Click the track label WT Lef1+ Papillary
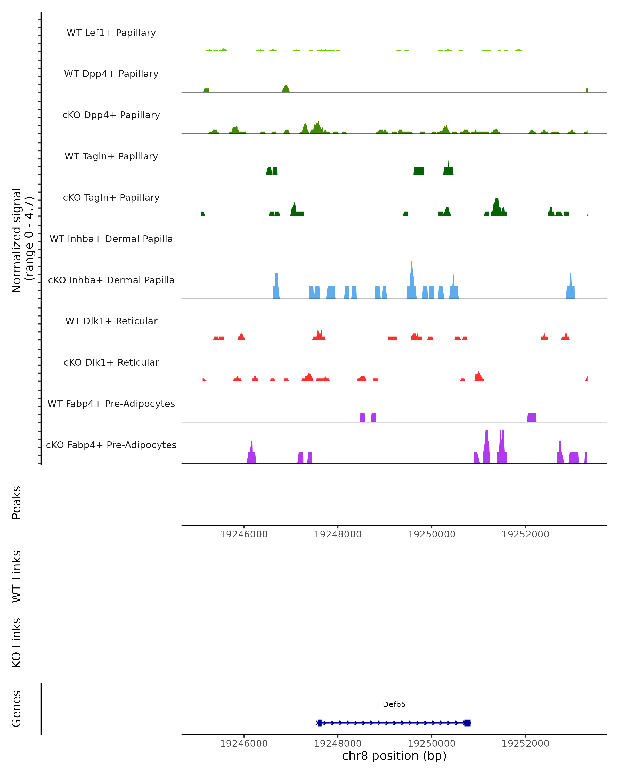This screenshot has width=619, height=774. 111,33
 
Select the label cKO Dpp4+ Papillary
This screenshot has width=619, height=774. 111,115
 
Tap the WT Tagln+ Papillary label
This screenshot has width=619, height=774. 111,157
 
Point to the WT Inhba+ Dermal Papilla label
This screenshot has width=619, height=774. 111,239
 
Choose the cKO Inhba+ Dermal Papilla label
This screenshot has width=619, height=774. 111,280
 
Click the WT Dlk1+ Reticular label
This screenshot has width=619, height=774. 111,321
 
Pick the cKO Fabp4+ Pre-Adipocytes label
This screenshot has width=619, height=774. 111,445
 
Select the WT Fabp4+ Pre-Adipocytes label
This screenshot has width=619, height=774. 111,404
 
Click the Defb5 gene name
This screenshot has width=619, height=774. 394,704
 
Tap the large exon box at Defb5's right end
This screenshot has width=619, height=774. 467,723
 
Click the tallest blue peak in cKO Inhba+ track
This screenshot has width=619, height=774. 411,276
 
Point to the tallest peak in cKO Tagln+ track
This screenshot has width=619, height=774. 497,205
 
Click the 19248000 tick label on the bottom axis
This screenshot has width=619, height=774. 338,744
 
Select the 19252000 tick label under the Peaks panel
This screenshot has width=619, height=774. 525,534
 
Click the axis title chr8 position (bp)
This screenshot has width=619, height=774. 394,756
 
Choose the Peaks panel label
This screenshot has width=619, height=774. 17,503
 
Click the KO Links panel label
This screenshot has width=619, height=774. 17,643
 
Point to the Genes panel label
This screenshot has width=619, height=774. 17,709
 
